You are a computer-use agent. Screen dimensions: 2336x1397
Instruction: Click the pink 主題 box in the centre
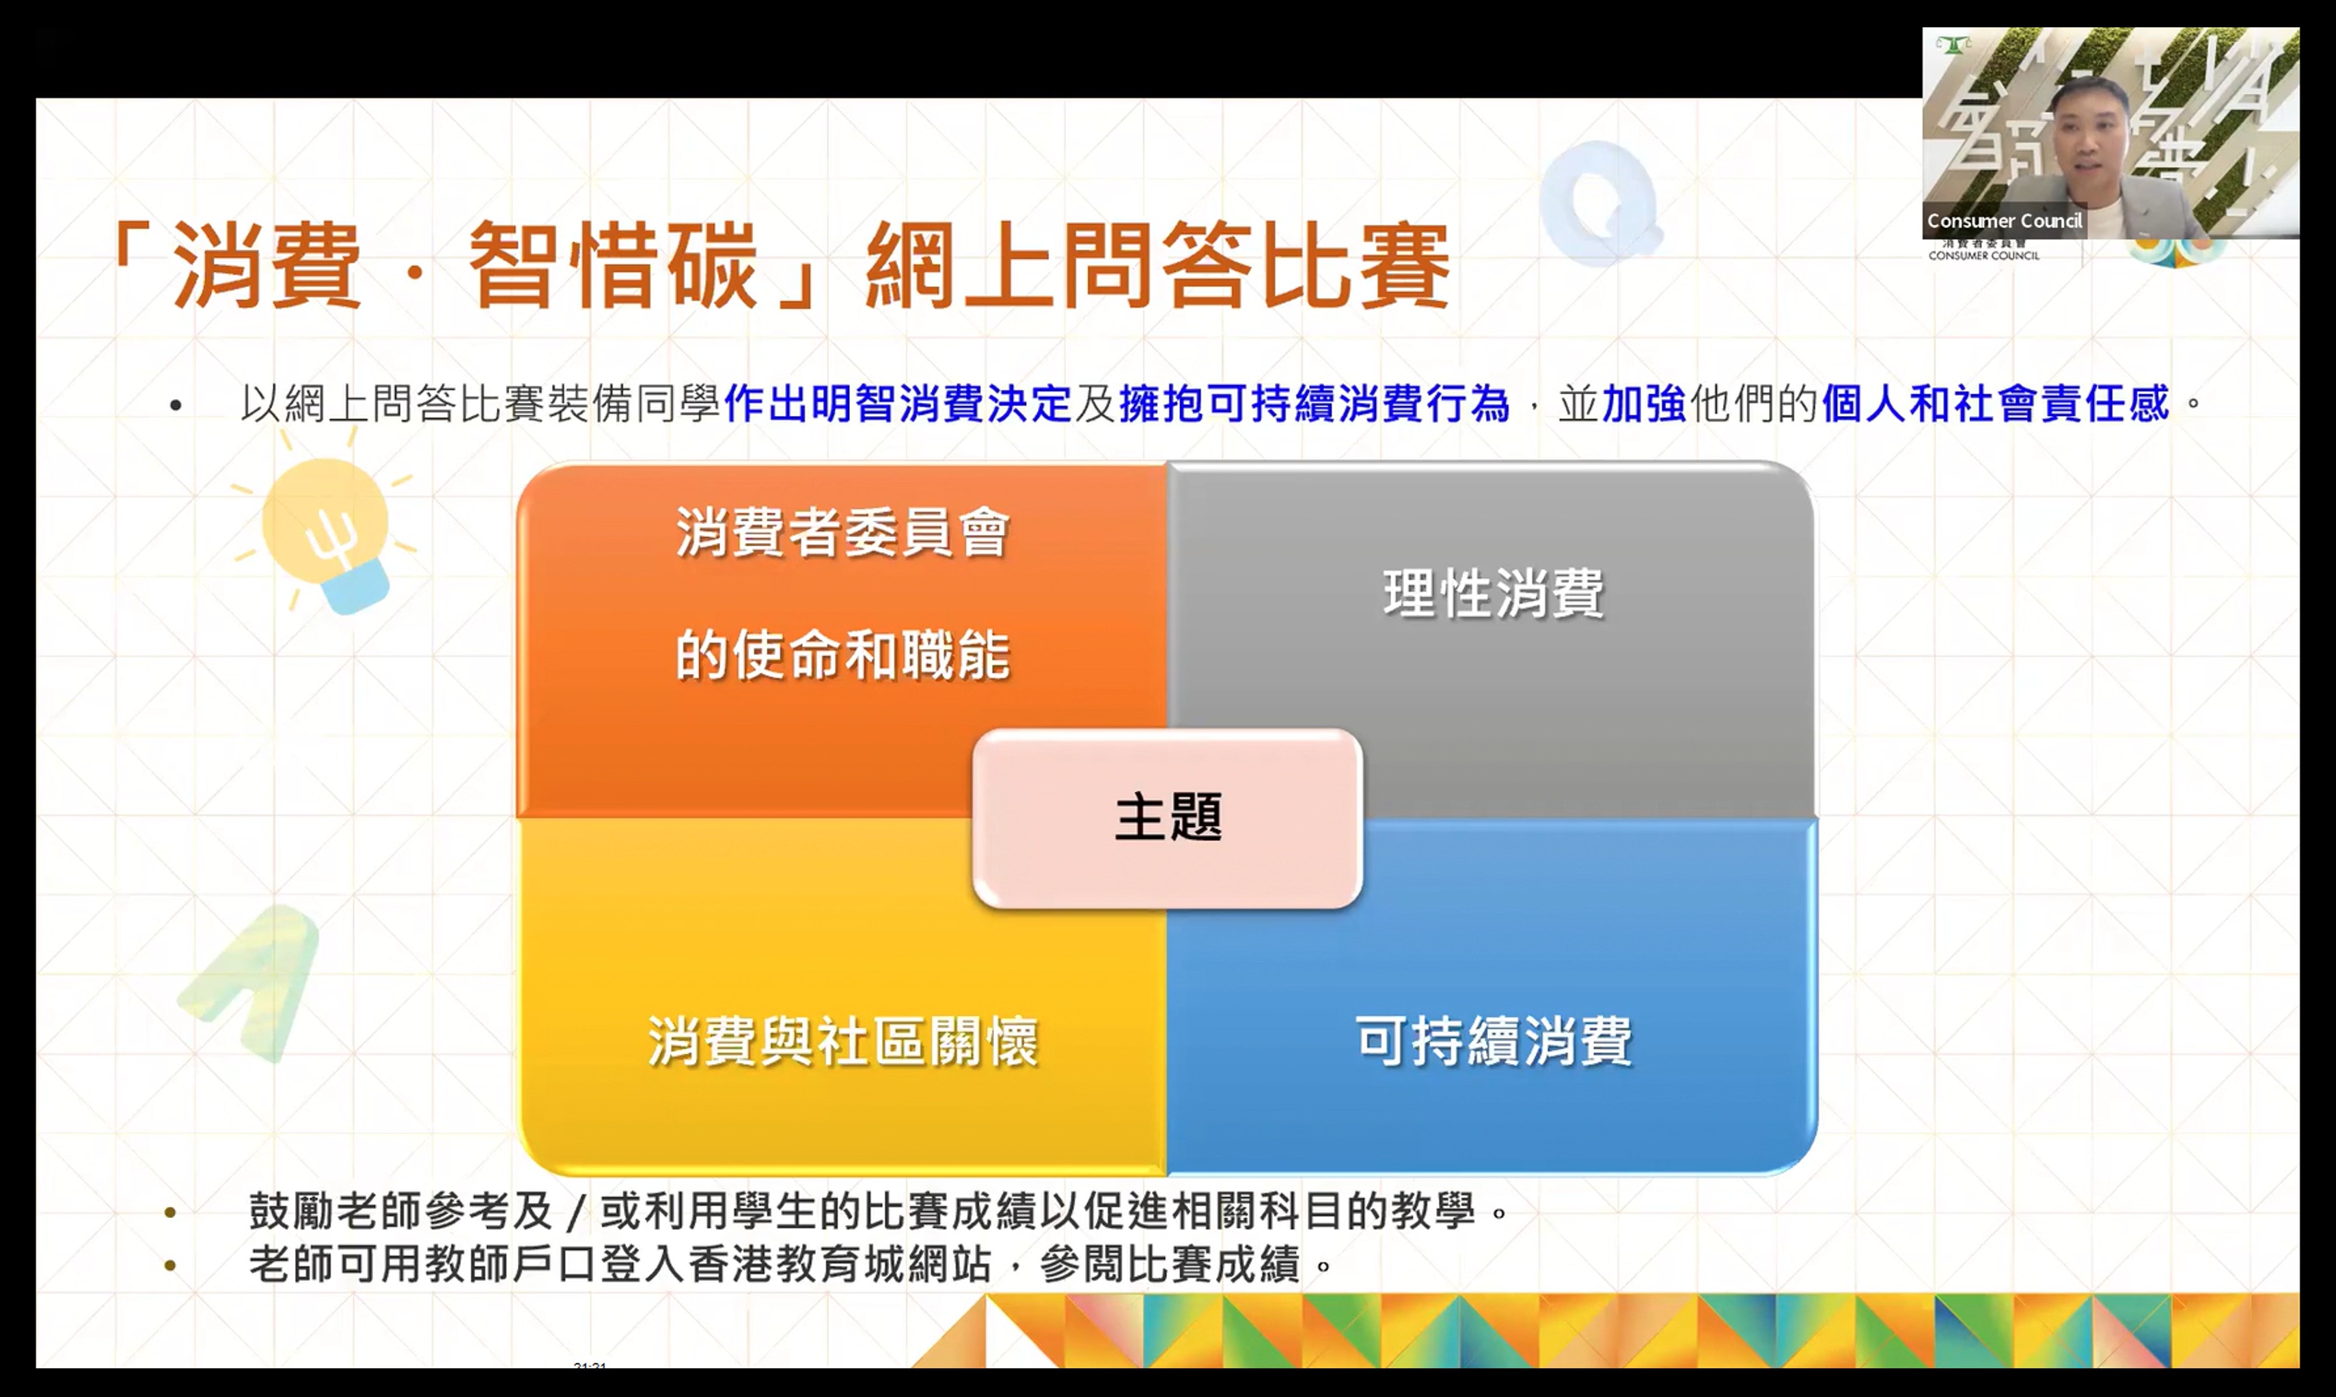point(1168,818)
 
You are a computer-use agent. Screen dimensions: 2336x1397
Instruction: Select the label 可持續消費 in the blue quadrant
point(1494,1040)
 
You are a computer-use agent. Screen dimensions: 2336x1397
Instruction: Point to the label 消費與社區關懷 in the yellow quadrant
point(842,1040)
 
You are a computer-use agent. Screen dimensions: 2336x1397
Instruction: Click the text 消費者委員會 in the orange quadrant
point(842,532)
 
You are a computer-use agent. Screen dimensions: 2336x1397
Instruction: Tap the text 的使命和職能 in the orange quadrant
point(842,654)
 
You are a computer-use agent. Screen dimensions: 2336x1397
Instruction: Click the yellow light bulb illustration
point(325,530)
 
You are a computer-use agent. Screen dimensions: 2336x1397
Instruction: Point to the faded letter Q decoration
point(1601,202)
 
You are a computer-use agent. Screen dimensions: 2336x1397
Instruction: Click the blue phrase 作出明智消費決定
point(897,404)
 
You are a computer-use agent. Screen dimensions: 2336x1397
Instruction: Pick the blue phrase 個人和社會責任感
point(1996,404)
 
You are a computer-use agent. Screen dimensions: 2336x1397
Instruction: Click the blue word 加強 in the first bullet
point(1645,404)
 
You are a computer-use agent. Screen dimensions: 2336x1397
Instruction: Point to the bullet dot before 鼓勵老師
point(170,1213)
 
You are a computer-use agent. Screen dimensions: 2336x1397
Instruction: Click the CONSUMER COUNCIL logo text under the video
point(1984,255)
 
